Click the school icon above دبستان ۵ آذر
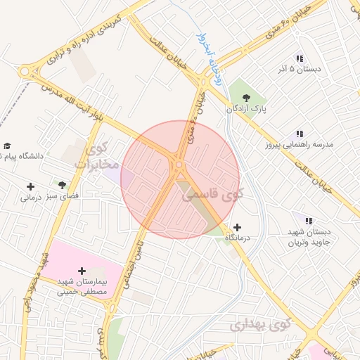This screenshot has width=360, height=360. coord(300,59)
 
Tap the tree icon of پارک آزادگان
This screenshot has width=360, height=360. coord(245,98)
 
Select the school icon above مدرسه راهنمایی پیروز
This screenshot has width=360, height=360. coord(300,133)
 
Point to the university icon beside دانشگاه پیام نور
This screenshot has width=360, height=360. coord(7,146)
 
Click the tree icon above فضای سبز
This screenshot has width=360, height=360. coord(63,186)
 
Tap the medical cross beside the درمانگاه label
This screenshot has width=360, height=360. coord(238,227)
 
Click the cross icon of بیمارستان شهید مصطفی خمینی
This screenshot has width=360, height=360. coord(82,270)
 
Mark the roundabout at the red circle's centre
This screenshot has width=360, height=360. coord(179,166)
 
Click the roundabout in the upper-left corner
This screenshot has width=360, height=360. coord(27,70)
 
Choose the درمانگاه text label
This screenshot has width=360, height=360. coord(238,240)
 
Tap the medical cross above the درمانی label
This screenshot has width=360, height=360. coord(30,186)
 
